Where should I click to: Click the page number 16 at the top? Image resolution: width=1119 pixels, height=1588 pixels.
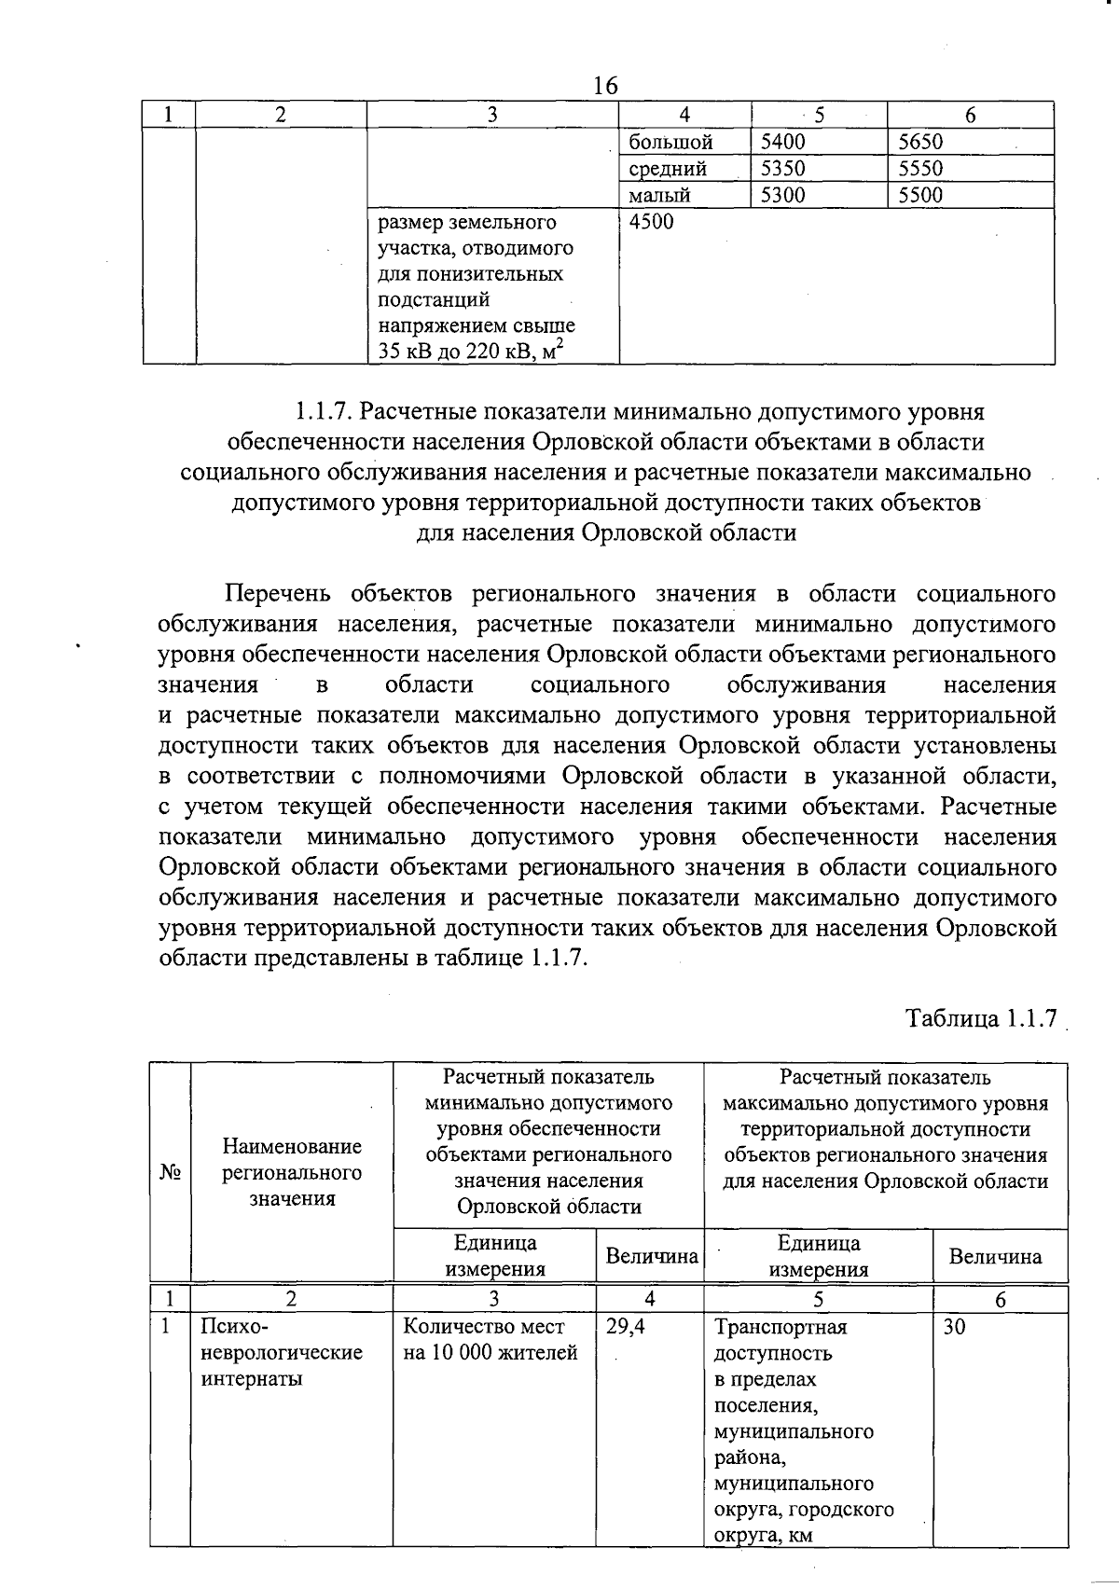[605, 86]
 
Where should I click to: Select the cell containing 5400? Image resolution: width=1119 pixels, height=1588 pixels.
[782, 142]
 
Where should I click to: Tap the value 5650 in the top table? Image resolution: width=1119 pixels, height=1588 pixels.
[920, 142]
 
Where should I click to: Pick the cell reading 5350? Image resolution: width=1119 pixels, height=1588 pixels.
[782, 169]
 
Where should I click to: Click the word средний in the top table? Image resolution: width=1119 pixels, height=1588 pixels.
[668, 169]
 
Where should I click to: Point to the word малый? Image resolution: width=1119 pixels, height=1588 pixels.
[660, 195]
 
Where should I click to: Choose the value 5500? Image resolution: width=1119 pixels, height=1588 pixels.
[920, 195]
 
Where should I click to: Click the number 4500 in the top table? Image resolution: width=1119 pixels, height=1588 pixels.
[652, 222]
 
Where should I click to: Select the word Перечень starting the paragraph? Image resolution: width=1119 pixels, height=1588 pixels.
[282, 594]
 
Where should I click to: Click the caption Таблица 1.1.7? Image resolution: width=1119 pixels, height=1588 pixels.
[982, 1018]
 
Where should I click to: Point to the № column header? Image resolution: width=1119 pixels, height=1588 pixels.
[170, 1171]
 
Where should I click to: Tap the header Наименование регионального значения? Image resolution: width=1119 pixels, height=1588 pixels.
[292, 1172]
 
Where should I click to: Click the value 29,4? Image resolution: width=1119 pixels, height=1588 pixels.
[626, 1327]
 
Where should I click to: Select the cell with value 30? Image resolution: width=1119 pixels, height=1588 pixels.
[954, 1327]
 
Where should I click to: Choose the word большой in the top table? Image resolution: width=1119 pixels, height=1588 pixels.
[671, 142]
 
